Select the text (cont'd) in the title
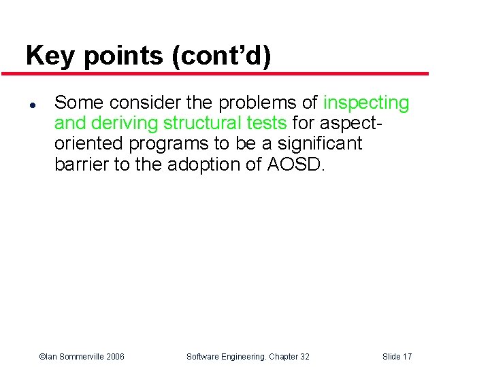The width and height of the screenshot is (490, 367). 222,56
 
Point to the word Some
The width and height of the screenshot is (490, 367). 80,103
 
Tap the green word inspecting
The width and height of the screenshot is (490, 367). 366,103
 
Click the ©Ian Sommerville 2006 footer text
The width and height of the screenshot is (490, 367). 82,356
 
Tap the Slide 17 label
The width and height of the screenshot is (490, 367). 397,356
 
